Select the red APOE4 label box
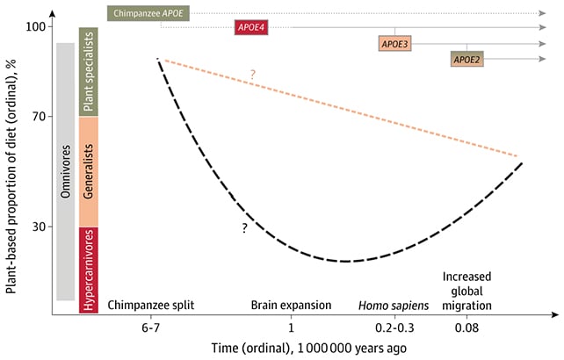coord(251,28)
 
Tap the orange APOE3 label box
coord(393,43)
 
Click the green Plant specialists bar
coord(88,72)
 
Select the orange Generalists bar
coord(88,172)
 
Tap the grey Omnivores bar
coord(64,172)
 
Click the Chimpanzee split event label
coord(150,305)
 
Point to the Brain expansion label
coord(291,305)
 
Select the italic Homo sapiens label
coord(393,305)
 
